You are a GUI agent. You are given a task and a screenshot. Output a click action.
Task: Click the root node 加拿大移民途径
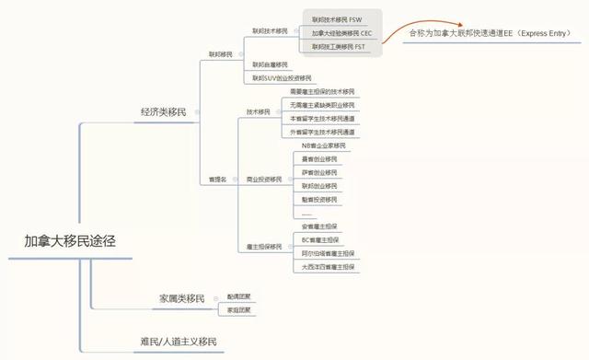click(x=71, y=242)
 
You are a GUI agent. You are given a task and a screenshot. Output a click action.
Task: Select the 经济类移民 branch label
click(x=163, y=112)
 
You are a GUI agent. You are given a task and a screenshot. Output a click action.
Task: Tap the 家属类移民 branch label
click(x=181, y=299)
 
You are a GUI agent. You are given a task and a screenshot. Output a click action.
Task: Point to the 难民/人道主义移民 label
click(x=179, y=342)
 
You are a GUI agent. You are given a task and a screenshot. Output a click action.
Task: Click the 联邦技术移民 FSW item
click(x=336, y=19)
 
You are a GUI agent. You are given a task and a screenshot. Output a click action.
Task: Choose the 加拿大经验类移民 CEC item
click(x=341, y=32)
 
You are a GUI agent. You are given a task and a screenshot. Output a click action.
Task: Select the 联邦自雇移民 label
click(x=269, y=64)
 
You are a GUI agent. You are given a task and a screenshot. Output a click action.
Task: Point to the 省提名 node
click(x=217, y=179)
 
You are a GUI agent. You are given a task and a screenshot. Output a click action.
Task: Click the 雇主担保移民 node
click(x=264, y=247)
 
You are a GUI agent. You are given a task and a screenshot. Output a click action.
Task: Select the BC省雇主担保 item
click(x=319, y=240)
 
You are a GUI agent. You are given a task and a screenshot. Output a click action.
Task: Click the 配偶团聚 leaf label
click(x=239, y=296)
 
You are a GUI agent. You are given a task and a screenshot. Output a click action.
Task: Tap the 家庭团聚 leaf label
click(x=239, y=310)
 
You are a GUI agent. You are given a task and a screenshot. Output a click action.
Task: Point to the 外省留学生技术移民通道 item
click(x=322, y=132)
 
